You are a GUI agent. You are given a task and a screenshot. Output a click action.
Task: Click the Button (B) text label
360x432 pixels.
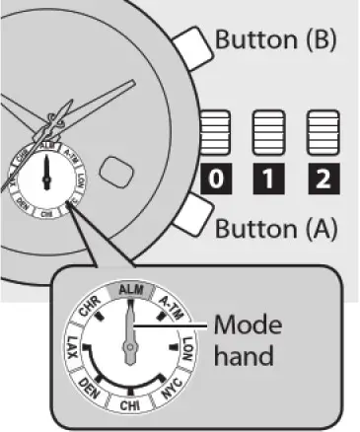coord(276,40)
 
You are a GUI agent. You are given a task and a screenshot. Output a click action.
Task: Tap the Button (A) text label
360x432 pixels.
coord(276,229)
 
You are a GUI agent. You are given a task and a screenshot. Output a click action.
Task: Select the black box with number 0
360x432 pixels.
coord(217,180)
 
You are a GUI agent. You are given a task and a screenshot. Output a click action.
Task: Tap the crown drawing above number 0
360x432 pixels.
coord(217,133)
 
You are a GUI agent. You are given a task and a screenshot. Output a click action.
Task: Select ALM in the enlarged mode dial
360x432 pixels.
coord(128,290)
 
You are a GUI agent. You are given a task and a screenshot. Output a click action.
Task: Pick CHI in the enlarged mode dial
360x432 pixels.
coord(128,406)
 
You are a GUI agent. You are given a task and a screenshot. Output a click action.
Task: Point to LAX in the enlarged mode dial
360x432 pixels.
coord(71,347)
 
